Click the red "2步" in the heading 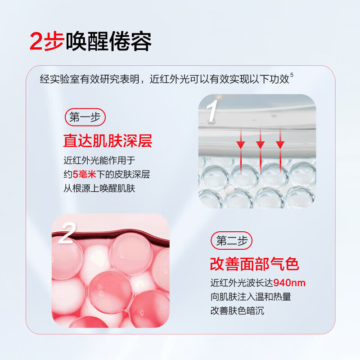coord(47,41)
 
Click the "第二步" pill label coord(232,241)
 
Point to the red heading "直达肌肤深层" coord(108,141)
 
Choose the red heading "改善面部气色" coord(255,264)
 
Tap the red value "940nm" coord(286,283)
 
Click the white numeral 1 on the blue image coord(212,112)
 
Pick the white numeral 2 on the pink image coord(66,234)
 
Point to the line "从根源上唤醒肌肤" coord(99,189)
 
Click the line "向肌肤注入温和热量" coord(251,297)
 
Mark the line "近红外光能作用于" coord(99,161)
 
